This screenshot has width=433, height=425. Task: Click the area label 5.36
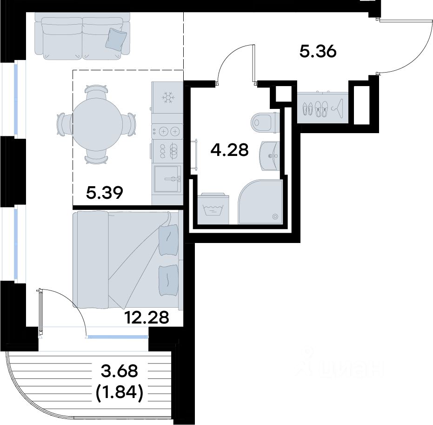[318, 52]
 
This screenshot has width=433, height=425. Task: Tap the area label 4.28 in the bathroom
[229, 150]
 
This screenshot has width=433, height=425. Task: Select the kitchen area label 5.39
[104, 193]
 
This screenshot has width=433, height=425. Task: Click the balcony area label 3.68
[119, 371]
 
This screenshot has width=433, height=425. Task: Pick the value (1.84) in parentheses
[119, 392]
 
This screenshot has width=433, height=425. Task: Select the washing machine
[215, 209]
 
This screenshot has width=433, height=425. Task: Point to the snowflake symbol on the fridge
[167, 98]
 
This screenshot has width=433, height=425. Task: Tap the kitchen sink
[167, 179]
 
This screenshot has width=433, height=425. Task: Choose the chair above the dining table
[96, 90]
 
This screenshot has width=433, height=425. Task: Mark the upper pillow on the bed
[168, 239]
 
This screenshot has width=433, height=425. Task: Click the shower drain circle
[275, 216]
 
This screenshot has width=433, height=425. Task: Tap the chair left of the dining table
[64, 124]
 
